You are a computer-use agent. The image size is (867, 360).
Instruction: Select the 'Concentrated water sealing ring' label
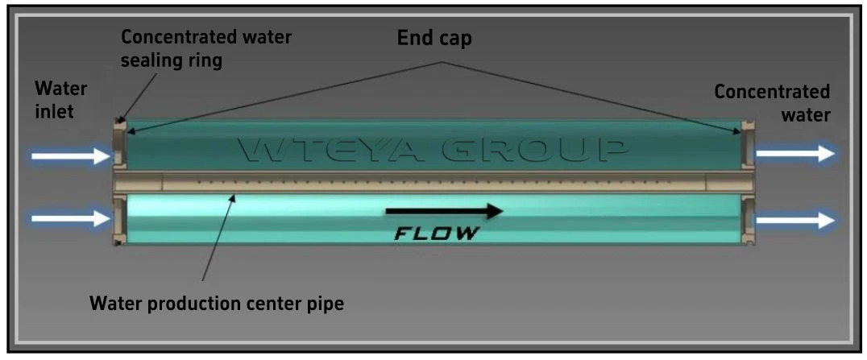[x=206, y=48]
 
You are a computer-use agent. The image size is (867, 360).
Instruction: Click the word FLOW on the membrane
[x=437, y=234]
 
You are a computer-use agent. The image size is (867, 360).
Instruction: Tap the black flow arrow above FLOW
[x=444, y=212]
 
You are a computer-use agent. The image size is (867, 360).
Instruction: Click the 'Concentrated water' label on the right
[x=772, y=103]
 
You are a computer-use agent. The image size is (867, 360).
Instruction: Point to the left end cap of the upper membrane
[x=121, y=145]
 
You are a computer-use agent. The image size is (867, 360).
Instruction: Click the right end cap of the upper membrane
[x=747, y=145]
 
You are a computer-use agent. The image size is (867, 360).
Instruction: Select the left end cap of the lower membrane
[x=121, y=219]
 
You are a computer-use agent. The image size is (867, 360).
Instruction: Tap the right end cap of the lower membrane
[x=747, y=219]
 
